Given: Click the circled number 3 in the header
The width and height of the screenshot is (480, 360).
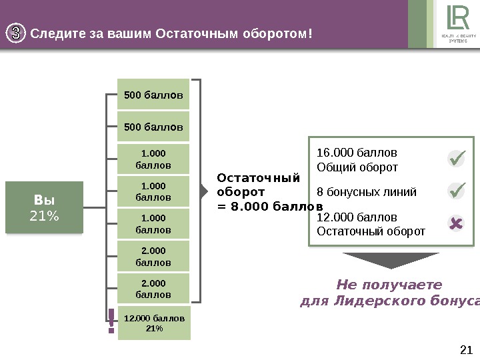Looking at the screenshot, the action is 17,33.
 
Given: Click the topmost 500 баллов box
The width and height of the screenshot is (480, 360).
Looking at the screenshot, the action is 153,95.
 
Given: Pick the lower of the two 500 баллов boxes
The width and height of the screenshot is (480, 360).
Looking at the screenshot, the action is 153,127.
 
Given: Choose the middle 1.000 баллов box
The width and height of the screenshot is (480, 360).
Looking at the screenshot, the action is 153,191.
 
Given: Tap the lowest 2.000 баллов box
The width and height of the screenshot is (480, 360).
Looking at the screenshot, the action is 153,289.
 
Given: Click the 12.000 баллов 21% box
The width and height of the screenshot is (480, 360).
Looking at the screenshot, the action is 154,323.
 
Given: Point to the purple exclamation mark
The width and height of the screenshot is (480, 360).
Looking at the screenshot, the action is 111,321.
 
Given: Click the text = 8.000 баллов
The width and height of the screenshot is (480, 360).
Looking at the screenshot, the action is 270,207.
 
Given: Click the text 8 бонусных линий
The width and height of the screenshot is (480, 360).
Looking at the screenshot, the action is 366,192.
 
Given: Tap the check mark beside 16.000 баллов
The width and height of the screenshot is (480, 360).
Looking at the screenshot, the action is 456,159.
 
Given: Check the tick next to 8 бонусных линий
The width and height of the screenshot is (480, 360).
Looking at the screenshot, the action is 456,191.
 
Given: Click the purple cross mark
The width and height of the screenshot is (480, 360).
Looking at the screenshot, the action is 456,223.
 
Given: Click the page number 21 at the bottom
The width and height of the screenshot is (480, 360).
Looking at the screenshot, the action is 466,349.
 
